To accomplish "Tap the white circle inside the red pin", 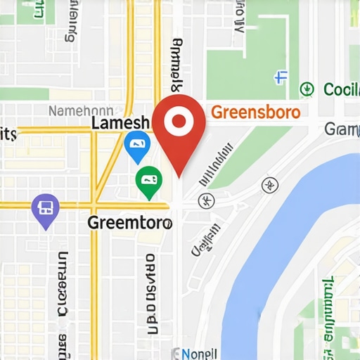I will click(179, 122).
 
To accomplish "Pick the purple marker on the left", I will click(46, 209).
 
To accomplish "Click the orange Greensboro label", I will click(255, 112).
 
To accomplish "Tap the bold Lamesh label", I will click(121, 123).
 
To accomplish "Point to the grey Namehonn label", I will click(80, 110).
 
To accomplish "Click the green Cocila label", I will click(342, 89).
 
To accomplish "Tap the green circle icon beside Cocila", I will click(307, 89).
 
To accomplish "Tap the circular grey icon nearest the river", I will click(268, 186).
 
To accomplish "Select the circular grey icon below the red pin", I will click(206, 200).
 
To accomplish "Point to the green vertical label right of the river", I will click(328, 309).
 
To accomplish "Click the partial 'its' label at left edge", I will click(8, 134).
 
